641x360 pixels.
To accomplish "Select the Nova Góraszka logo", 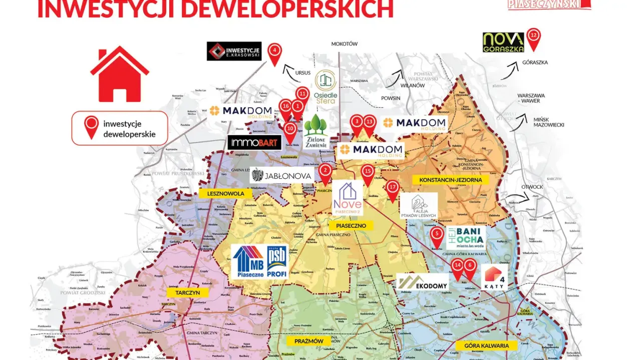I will coord(503,43).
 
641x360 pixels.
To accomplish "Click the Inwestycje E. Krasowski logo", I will coord(234,51).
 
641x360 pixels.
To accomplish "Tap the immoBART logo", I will coord(254,143).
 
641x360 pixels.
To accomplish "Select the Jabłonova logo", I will coord(282,175).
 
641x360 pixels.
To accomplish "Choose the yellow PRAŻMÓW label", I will coord(308,341).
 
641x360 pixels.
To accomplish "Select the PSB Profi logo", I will coord(277,262).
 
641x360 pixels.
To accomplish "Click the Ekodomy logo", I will coord(423,282).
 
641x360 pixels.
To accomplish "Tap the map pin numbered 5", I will coord(437,235).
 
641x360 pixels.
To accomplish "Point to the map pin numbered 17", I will coord(393,189).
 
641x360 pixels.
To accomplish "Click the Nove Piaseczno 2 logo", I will coord(348,199).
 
